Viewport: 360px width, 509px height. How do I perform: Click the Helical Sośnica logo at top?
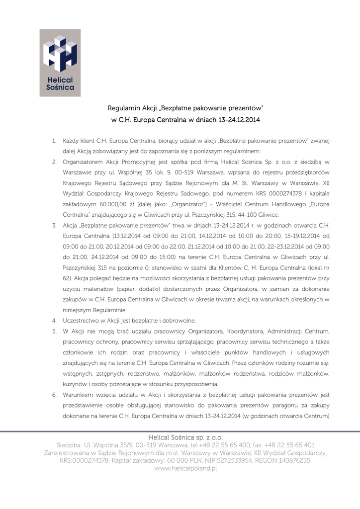pos(60,63)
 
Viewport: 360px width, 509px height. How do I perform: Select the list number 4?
pos(54,321)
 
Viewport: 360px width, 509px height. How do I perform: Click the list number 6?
pos(54,395)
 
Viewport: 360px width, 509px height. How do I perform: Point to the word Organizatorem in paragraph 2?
pos(84,162)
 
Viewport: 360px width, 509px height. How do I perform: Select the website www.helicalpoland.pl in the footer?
pos(186,468)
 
